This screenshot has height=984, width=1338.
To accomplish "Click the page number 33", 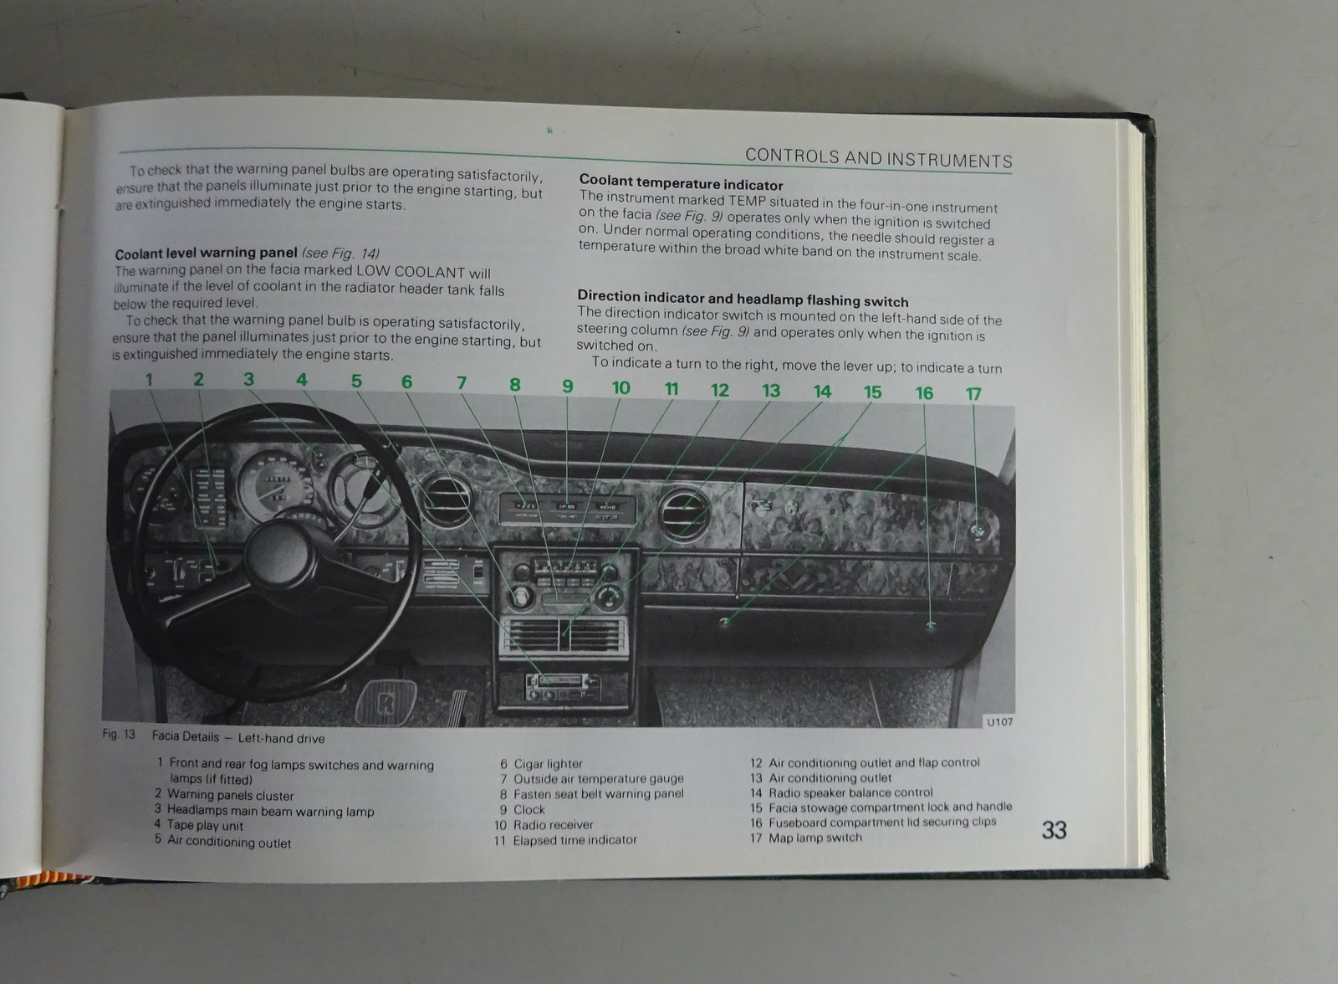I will pos(1054,829).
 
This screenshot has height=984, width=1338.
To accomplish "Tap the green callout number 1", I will pos(149,379).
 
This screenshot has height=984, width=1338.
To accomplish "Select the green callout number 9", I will pos(568,386).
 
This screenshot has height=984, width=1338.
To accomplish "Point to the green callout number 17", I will pos(973,393).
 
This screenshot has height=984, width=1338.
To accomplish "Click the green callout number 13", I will pos(771,390).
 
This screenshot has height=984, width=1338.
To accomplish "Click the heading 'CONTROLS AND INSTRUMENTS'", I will pos(878,158).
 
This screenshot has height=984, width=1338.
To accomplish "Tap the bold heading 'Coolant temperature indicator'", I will pos(681,184).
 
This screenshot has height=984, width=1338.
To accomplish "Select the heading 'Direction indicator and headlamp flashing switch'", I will pos(743,299).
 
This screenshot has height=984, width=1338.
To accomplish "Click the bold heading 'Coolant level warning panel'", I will pos(206,254).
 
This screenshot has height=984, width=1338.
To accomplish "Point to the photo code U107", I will pos(998,721).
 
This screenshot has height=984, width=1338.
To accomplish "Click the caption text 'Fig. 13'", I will pos(118,735).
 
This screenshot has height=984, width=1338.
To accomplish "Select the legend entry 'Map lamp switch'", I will pos(815,837).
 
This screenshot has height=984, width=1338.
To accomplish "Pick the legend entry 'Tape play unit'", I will pos(205,826).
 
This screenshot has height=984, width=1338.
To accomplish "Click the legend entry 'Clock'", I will pos(529,809).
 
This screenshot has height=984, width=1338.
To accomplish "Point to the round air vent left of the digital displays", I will pos(446,499).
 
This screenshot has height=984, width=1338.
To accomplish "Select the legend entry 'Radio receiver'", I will pos(553,824).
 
